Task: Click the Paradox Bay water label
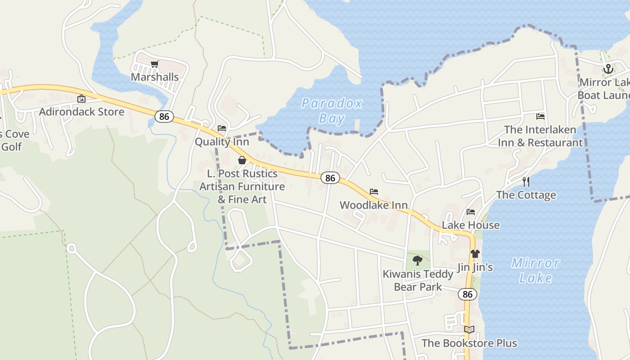(x=332, y=111)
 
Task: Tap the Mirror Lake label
(x=535, y=270)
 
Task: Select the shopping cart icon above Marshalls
(x=154, y=64)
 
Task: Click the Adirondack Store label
(x=81, y=112)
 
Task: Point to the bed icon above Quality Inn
(x=222, y=128)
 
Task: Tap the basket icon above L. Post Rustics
(x=242, y=160)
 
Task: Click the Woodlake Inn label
(x=373, y=205)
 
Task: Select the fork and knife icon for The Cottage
(x=526, y=181)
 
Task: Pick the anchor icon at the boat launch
(x=608, y=69)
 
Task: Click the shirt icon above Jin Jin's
(x=475, y=254)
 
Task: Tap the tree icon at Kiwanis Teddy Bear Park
(x=418, y=260)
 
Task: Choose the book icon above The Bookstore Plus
(x=469, y=330)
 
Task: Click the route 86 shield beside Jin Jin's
(x=468, y=294)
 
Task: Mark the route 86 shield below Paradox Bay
(x=330, y=178)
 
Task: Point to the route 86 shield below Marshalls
(x=164, y=117)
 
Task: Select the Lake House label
(x=471, y=225)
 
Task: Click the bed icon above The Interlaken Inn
(x=540, y=117)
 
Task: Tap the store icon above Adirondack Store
(x=81, y=99)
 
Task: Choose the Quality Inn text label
(x=222, y=142)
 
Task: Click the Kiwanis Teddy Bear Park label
(x=418, y=280)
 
